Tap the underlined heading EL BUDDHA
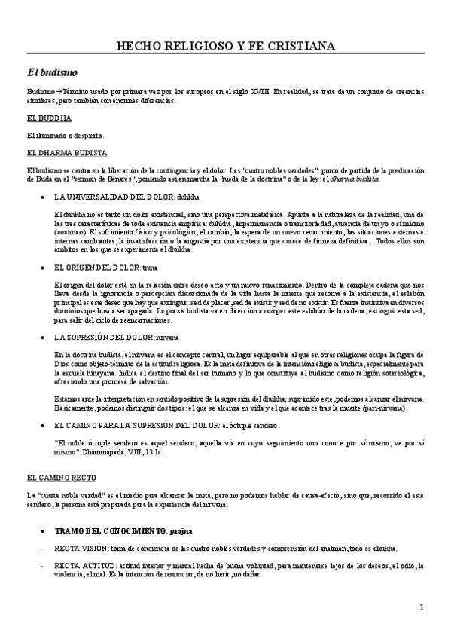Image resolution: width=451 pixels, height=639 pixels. [49, 119]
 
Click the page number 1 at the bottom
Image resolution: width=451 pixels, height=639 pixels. [422, 607]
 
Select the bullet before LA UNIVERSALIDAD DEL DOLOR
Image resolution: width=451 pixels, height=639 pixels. [41, 195]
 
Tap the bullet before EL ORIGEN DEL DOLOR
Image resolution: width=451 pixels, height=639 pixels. [41, 267]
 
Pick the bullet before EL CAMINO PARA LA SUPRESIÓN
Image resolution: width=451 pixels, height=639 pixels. [41, 426]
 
